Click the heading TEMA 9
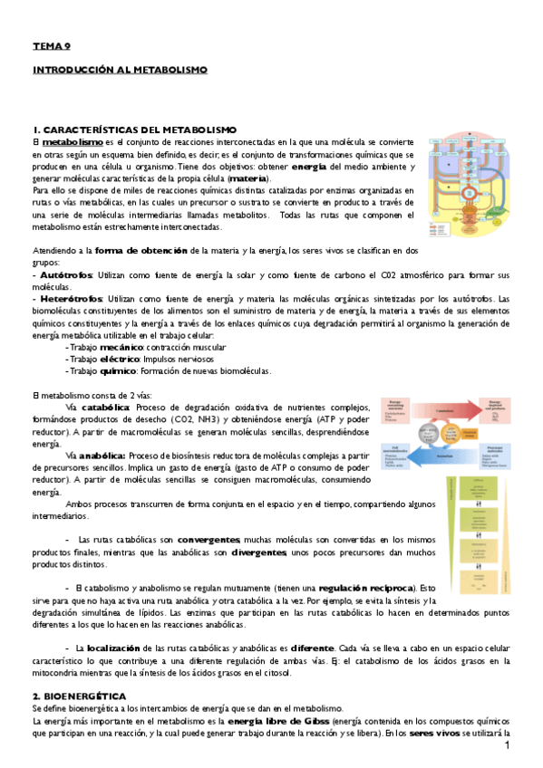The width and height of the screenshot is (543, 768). point(51,45)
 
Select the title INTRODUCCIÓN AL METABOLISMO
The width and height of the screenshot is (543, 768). point(120,69)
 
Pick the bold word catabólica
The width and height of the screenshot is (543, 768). point(106,408)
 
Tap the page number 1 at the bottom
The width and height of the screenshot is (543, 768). point(509,744)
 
